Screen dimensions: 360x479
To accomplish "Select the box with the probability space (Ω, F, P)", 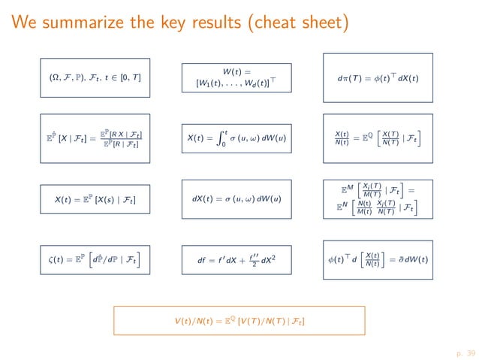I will (94, 78).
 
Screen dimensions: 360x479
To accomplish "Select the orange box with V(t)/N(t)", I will (239, 322).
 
